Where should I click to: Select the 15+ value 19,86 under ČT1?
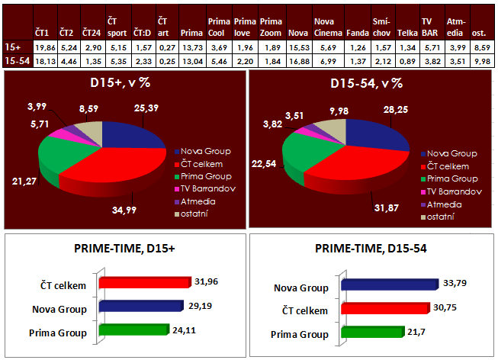tap(45, 47)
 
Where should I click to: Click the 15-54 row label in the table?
tap(15, 60)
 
